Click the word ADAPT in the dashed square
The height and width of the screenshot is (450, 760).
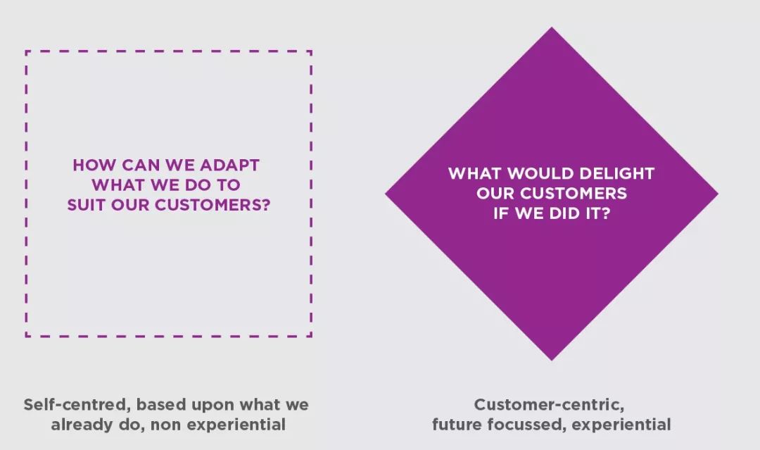(229, 165)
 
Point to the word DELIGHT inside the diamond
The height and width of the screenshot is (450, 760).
(617, 174)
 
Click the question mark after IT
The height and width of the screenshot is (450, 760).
(606, 213)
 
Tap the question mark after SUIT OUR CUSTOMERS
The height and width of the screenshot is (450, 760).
(265, 205)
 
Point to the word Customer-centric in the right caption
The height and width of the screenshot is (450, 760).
(549, 404)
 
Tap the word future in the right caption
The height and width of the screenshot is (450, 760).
(457, 425)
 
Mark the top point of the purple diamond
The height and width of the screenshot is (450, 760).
(552, 27)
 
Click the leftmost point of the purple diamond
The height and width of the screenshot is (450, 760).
(386, 194)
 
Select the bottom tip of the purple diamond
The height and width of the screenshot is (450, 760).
(552, 361)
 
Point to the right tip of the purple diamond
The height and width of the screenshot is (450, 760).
(718, 194)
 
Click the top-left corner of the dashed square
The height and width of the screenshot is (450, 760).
(26, 51)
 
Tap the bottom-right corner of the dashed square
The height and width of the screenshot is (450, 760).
(311, 335)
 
